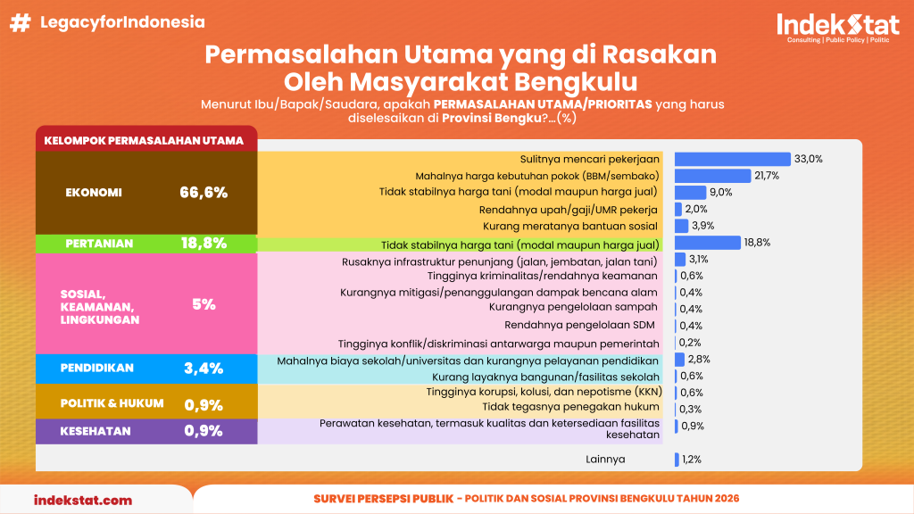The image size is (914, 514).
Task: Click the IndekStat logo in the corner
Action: coord(837,28)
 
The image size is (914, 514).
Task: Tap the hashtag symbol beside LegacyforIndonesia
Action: coord(21,22)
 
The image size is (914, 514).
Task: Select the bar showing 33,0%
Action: coord(732,159)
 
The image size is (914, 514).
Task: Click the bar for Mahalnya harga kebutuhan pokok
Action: coord(712,176)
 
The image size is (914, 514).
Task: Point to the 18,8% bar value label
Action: coord(757,243)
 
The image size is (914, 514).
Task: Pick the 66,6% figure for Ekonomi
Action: coord(204,193)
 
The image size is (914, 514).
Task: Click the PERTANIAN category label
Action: coord(99,244)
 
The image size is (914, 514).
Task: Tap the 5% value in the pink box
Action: coord(204,304)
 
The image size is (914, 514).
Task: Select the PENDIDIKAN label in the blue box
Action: coord(96,368)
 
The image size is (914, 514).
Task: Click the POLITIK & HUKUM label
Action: coord(112,403)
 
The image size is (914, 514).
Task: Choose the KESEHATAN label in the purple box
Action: coord(96,431)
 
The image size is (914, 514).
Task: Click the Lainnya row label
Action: coord(605,460)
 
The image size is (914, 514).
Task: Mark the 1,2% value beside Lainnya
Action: coord(692,460)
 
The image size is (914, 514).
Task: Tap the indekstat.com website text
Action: coord(83,500)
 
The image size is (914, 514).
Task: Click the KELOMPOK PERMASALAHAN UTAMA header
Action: coord(144,140)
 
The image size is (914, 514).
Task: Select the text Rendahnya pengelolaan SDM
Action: coord(579,325)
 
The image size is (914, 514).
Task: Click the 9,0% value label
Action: coord(721,193)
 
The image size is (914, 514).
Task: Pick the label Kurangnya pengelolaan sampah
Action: coord(573,307)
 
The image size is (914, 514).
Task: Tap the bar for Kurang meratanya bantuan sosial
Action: coord(681,226)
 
